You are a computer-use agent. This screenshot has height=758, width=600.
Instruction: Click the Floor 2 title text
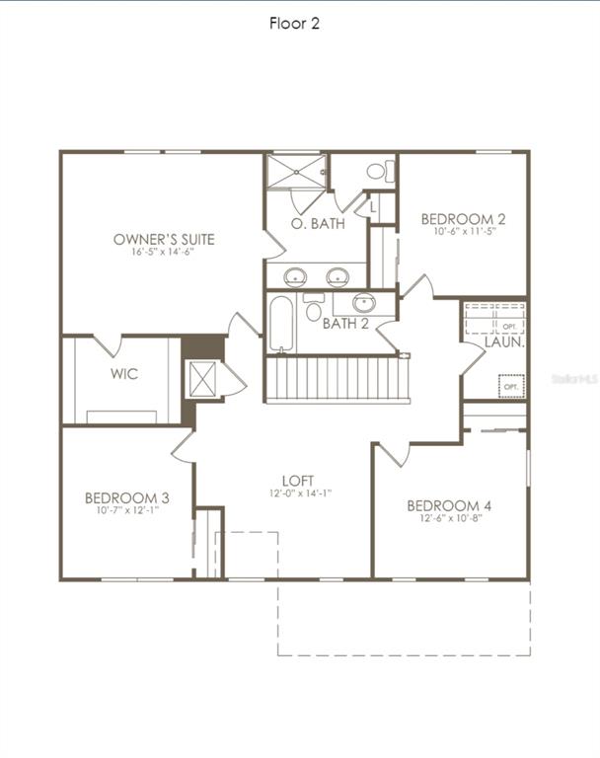click(294, 24)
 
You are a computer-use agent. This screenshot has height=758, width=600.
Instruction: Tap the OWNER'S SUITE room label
click(164, 239)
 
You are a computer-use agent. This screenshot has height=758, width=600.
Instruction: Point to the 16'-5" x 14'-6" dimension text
click(164, 253)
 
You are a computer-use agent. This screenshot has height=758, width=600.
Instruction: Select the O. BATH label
click(317, 224)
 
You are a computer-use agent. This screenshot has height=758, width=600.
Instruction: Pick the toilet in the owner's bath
click(377, 171)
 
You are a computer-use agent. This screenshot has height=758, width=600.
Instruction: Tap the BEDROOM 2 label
click(463, 219)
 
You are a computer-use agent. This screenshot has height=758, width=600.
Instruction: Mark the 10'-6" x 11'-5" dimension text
click(463, 233)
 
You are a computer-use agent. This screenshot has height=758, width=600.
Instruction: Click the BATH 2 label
click(345, 324)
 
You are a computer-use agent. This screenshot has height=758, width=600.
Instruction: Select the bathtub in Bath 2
click(281, 323)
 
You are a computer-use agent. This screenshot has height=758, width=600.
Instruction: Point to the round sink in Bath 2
click(364, 303)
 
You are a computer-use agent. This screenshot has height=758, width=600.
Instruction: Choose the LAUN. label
click(503, 342)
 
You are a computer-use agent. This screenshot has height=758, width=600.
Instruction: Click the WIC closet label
click(124, 374)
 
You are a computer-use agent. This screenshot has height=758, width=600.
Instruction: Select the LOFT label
click(298, 481)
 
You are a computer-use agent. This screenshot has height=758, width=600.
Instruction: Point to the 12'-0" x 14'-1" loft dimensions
click(298, 493)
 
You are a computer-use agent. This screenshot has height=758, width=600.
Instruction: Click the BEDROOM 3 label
click(126, 498)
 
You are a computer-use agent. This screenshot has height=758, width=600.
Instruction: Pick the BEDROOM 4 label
click(449, 506)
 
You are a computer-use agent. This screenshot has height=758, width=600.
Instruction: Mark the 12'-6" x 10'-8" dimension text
click(449, 519)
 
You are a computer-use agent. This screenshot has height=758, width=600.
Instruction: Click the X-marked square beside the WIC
click(202, 378)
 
